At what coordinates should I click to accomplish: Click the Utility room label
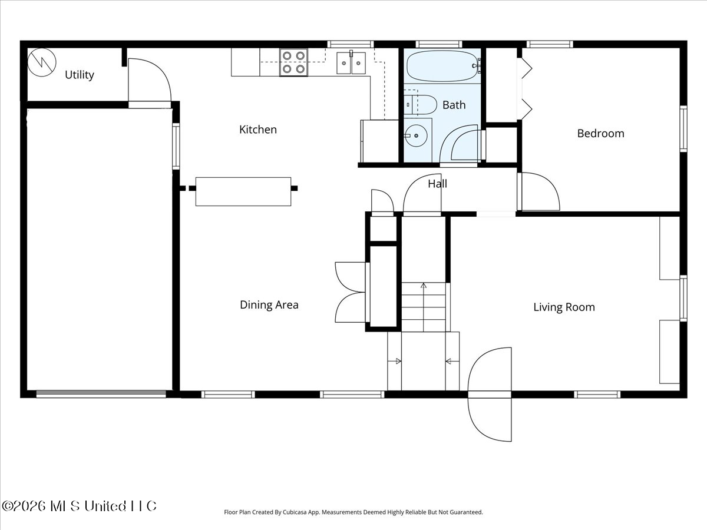[x=79, y=75]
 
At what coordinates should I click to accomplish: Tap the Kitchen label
[x=258, y=130]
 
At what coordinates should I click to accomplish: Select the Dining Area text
[x=269, y=304]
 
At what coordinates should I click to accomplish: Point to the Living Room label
[x=564, y=307]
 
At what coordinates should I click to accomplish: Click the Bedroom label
[x=601, y=133]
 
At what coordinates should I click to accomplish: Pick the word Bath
[x=454, y=105]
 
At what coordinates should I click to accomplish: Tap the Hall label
[x=437, y=184]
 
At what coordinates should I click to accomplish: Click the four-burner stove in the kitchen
[x=294, y=62]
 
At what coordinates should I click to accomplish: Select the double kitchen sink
[x=351, y=63]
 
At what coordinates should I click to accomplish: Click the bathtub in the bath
[x=442, y=66]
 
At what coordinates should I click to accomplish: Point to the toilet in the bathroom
[x=420, y=105]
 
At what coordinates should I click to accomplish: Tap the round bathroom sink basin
[x=416, y=136]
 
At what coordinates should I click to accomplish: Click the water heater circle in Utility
[x=42, y=62]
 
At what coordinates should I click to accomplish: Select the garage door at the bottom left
[x=101, y=393]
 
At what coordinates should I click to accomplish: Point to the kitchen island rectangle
[x=243, y=191]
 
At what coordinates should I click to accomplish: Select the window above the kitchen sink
[x=351, y=44]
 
